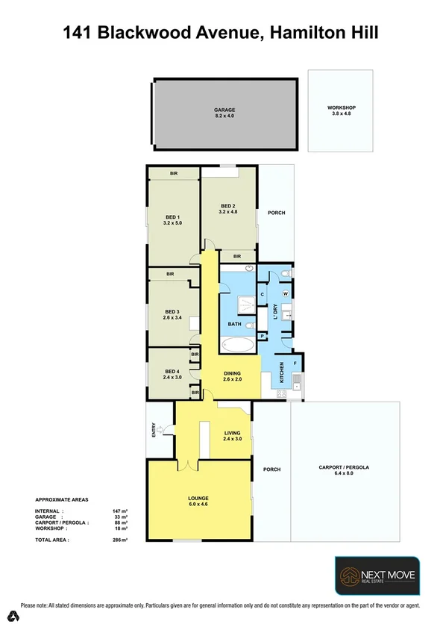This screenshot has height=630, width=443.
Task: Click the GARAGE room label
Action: coord(224,110)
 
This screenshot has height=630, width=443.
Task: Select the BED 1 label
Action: coord(172,217)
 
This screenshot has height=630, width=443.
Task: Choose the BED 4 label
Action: coord(172,371)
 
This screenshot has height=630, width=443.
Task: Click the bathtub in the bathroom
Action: coord(238,345)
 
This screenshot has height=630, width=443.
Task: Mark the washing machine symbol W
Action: coord(285,293)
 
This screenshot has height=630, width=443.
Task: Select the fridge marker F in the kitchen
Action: coord(295,364)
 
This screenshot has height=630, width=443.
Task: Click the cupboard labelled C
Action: coord(263,294)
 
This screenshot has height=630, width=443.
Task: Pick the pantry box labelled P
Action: coord(263,337)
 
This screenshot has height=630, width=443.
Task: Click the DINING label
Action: coord(233,374)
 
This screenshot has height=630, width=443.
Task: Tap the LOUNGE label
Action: coord(198,498)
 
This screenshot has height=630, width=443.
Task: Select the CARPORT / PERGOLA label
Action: coord(345,467)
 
